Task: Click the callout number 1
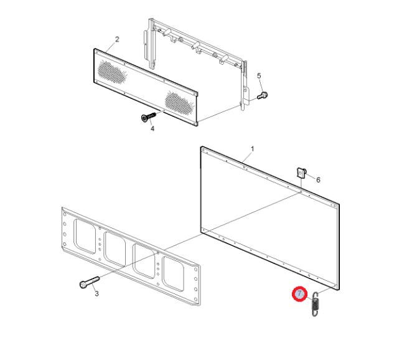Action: point(253,149)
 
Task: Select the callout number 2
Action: point(117,39)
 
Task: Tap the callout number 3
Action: point(96,293)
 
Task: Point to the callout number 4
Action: point(152,128)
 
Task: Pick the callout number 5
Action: point(259,76)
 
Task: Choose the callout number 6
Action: point(318,180)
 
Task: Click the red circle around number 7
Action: point(300,294)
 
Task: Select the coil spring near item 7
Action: point(315,304)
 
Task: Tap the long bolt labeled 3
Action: point(90,282)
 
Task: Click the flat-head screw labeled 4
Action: point(148,117)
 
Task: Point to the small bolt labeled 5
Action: point(263,95)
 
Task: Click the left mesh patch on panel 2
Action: point(112,71)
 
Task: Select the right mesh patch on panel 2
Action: point(179,102)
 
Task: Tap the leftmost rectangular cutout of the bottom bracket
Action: point(85,236)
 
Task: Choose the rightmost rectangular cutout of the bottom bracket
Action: point(174,273)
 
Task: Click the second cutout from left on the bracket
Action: point(115,249)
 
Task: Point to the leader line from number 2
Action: point(111,47)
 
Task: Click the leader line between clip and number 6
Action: point(311,177)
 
